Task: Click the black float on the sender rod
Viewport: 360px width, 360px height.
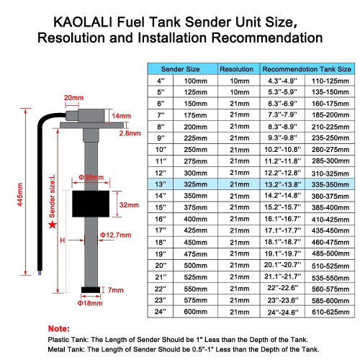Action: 91,204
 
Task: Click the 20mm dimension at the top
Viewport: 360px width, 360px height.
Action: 73,97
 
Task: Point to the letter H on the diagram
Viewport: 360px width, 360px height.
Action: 63,240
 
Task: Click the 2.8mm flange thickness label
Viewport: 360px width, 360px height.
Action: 130,133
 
